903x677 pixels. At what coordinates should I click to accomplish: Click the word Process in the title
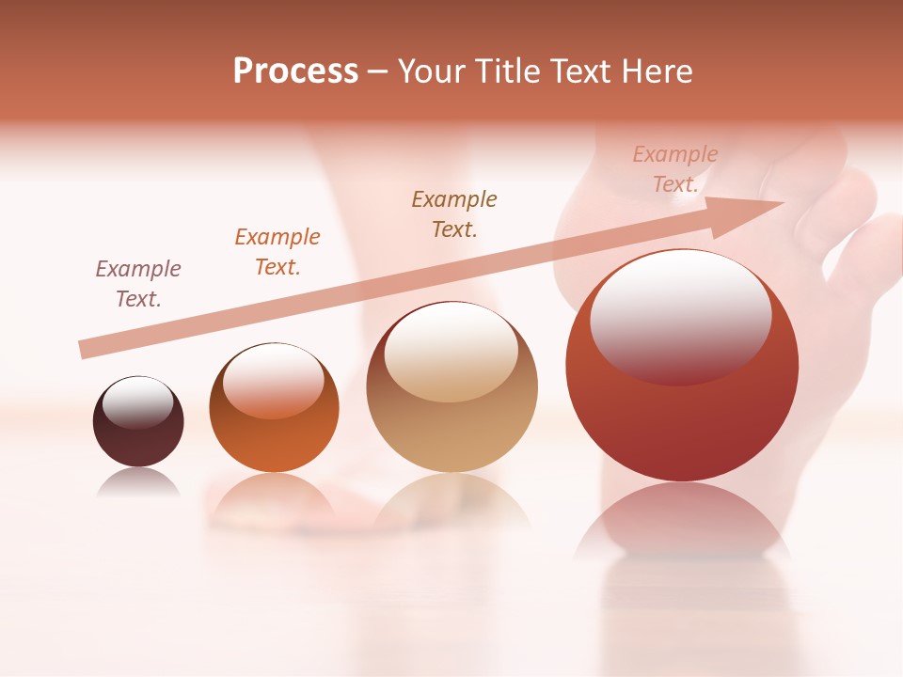295,71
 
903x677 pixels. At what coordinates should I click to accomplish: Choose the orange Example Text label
277,252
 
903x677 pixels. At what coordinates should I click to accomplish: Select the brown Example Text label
454,213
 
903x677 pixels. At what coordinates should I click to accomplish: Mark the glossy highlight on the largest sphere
680,315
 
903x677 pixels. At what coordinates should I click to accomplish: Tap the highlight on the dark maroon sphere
137,401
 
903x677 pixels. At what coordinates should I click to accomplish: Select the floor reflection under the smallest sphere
138,482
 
